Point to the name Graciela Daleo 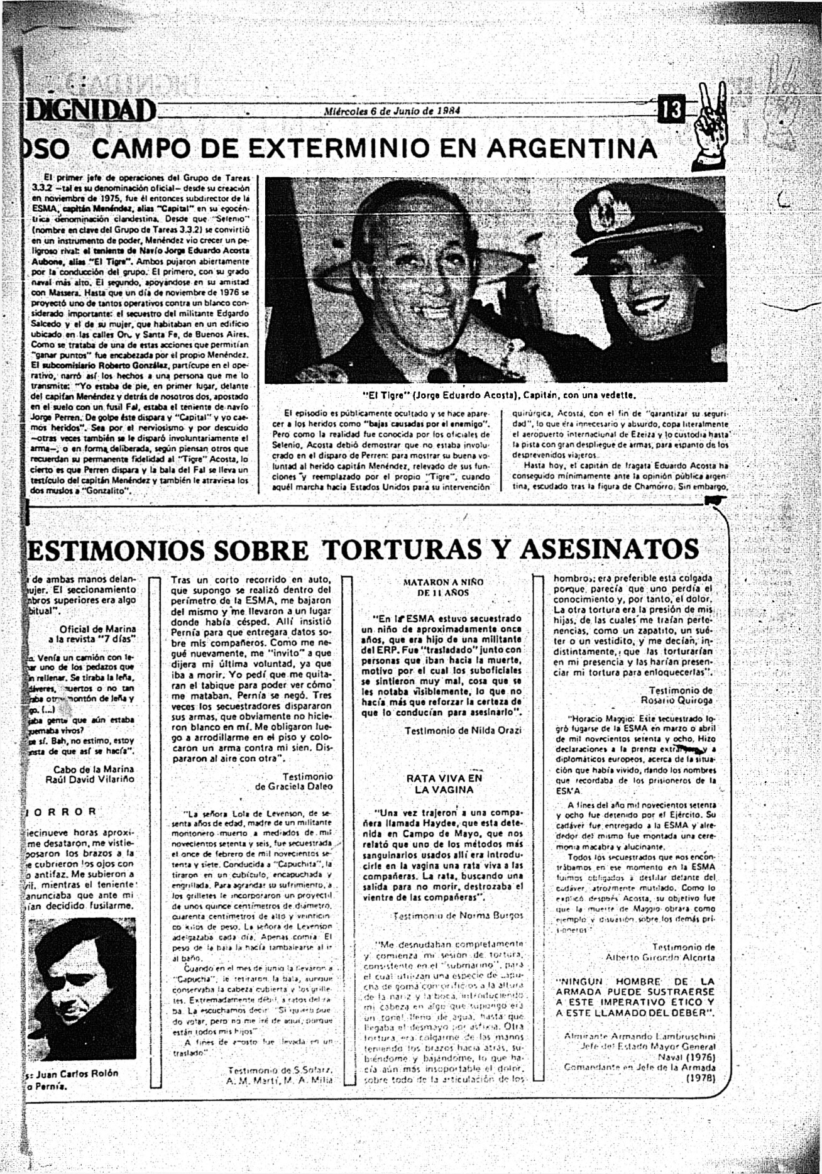[294, 786]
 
